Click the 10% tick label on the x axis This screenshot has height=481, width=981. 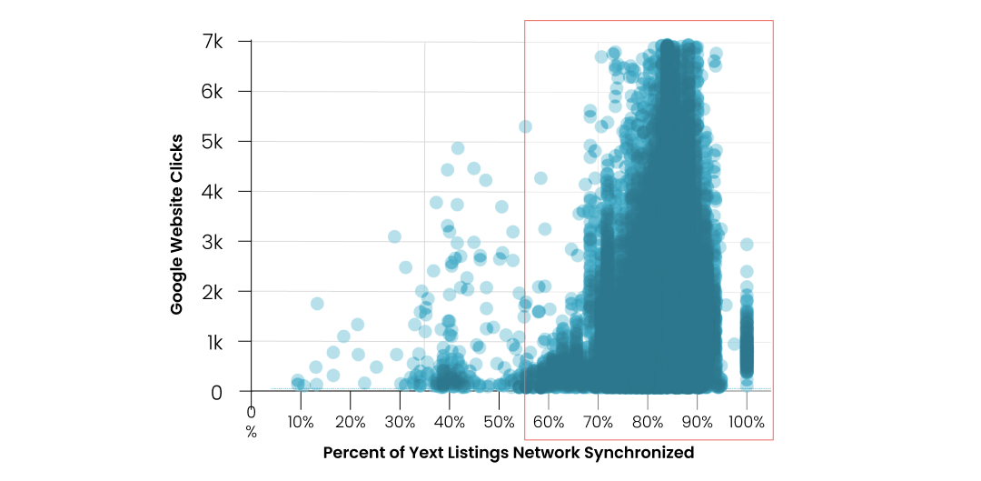click(301, 422)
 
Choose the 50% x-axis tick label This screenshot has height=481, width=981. click(499, 422)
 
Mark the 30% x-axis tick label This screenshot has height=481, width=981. click(400, 422)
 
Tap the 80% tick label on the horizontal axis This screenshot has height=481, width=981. click(648, 422)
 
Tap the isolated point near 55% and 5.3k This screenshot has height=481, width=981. click(525, 126)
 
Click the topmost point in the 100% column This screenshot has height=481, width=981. click(747, 245)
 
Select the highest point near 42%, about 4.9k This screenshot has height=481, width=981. click(458, 148)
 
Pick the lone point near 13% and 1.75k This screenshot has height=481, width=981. click(317, 304)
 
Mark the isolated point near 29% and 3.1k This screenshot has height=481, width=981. click(395, 236)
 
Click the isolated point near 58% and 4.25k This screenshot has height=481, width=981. click(540, 178)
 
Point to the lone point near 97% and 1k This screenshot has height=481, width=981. click(734, 344)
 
